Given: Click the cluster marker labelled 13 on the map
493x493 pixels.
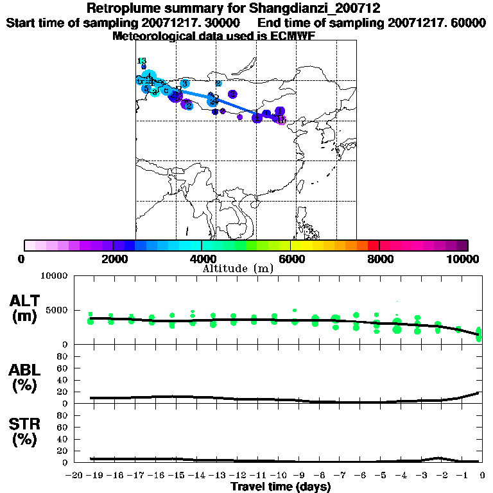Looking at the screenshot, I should pos(143,62).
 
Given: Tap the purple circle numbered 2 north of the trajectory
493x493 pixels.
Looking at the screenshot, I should pos(232,94).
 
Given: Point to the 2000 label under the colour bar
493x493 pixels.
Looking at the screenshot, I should pos(113,259).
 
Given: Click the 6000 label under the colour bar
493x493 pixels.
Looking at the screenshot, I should pos(291,259).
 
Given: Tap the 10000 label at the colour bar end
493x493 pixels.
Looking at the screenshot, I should pos(463,259).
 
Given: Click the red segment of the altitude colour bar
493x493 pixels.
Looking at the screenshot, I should pos(373,245).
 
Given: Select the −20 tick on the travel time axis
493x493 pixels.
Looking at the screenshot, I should pos(76,474).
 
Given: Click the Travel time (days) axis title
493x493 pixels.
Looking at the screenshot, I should pos(281,487).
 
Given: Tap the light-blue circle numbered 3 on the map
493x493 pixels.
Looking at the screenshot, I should pos(185,83).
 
